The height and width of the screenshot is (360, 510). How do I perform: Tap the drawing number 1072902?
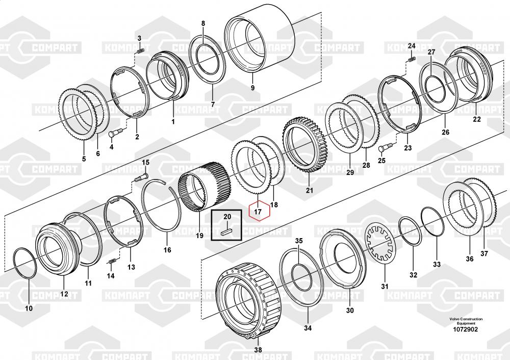click(x=466, y=329)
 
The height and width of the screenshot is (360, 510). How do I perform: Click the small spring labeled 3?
click(x=139, y=50)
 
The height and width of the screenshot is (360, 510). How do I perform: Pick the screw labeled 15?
click(x=140, y=176)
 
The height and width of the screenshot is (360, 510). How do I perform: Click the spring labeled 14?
click(x=112, y=261)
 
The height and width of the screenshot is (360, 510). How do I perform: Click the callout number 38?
click(x=258, y=350)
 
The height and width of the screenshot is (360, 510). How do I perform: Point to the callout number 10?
click(x=29, y=308)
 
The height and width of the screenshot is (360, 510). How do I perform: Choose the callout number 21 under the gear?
click(x=309, y=190)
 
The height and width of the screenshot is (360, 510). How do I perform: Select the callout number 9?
click(x=253, y=88)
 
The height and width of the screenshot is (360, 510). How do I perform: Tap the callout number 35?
click(x=298, y=241)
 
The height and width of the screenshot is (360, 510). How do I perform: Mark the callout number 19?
click(x=199, y=236)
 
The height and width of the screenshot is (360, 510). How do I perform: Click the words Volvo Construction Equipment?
click(x=466, y=321)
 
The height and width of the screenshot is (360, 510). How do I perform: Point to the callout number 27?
click(x=431, y=52)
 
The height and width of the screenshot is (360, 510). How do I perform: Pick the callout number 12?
click(x=64, y=294)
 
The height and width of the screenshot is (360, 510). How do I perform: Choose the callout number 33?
click(x=437, y=264)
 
